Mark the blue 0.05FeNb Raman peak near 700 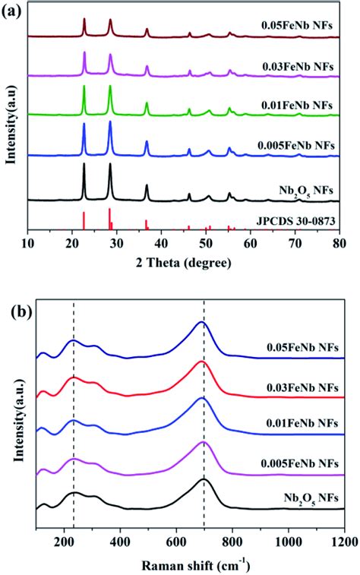(202, 323)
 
